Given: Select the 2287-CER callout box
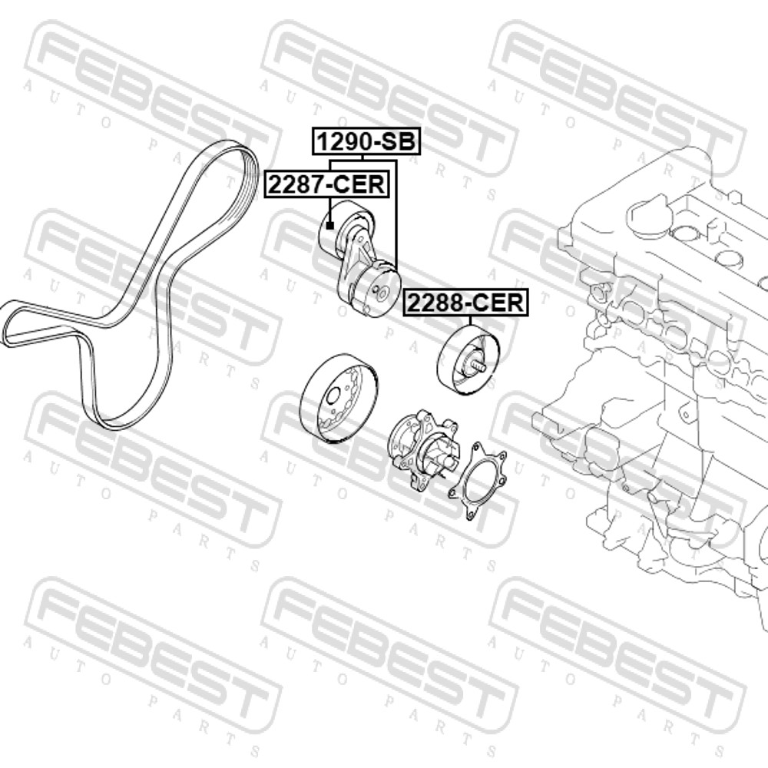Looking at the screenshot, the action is pyautogui.click(x=327, y=184).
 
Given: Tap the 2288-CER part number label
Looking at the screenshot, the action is pyautogui.click(x=465, y=303).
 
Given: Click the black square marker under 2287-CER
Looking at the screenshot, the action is pyautogui.click(x=330, y=225).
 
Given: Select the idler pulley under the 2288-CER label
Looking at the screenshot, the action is pyautogui.click(x=468, y=360).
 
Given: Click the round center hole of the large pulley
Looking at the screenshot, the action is pyautogui.click(x=333, y=396).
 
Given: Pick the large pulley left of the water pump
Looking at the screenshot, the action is pyautogui.click(x=339, y=397).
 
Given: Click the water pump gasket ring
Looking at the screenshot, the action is pyautogui.click(x=477, y=481).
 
